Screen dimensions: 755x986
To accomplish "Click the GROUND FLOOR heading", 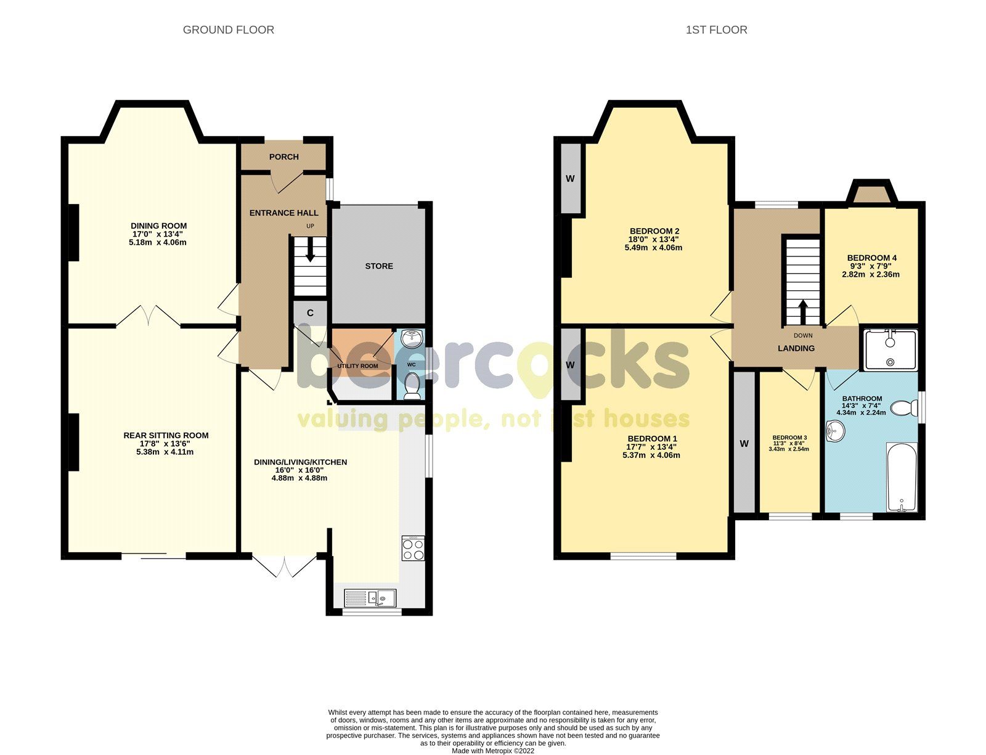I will coord(228,30).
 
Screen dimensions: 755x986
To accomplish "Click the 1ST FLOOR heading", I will coord(716,30).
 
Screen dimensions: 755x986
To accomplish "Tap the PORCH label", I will coord(283,157).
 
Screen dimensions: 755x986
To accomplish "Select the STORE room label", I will coord(378,266).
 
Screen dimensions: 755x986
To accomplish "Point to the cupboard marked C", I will coord(310,313).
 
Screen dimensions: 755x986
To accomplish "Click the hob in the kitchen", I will coord(413,549).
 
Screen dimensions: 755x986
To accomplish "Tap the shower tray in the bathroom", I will coord(890,349).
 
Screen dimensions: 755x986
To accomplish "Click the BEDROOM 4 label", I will coord(871,258).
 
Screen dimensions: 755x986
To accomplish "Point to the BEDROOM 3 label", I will coord(789,438).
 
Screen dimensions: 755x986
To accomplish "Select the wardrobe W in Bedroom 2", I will coord(570,179).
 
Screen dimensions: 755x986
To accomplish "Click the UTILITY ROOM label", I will coord(357,366).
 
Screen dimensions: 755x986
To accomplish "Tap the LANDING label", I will coord(796,348).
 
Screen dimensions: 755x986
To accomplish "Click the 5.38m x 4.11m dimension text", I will coord(166,452).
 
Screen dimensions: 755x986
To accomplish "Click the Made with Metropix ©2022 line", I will coord(493,751).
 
